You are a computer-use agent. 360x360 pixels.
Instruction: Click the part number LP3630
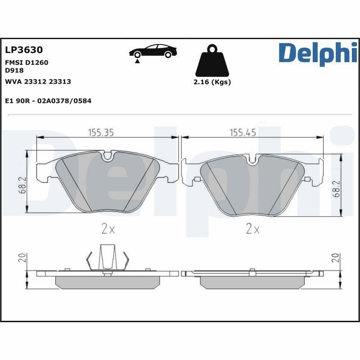pos(23,50)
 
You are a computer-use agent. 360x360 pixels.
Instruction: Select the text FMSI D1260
pos(27,63)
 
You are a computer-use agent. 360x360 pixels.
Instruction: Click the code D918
pos(14,70)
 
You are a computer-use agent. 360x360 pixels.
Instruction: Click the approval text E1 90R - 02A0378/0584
pos(48,101)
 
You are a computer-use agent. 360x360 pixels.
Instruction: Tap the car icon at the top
pos(153,51)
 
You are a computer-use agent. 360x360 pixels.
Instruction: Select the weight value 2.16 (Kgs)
pos(212,82)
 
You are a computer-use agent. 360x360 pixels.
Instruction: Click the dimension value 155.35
pos(100,132)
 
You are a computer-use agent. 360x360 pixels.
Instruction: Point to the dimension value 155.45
pos(243,132)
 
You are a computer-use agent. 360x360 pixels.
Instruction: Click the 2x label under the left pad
pos(108,229)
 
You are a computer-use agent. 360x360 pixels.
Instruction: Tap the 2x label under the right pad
pos(253,229)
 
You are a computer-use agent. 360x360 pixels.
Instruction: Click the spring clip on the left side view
pos(107,259)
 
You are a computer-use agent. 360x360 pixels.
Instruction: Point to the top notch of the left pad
pos(108,157)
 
